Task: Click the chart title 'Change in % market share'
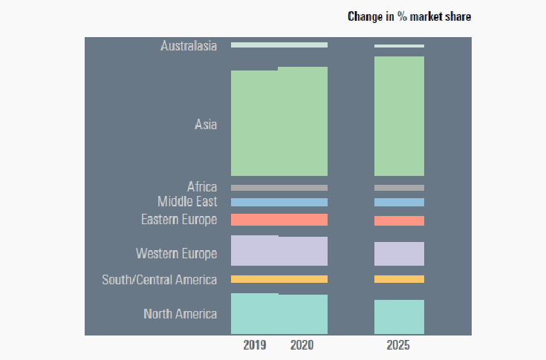pos(409,16)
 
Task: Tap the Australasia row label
pos(189,46)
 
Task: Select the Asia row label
pos(206,125)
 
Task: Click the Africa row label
pos(202,187)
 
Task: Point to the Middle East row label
pos(187,202)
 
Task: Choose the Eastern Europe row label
pos(179,220)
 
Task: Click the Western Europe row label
pos(177,254)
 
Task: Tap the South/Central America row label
pos(160,280)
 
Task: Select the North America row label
pos(181,314)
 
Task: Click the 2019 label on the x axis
pos(255,346)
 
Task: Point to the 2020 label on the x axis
pos(302,346)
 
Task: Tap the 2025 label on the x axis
pos(399,346)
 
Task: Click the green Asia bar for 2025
pos(399,116)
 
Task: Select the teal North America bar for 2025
pos(399,317)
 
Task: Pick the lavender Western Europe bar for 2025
pos(399,254)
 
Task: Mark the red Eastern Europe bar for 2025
pos(399,220)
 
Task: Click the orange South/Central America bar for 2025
pos(399,279)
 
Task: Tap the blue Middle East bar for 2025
pos(399,202)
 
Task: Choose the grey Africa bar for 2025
pos(399,188)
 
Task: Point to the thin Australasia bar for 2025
pos(399,46)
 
